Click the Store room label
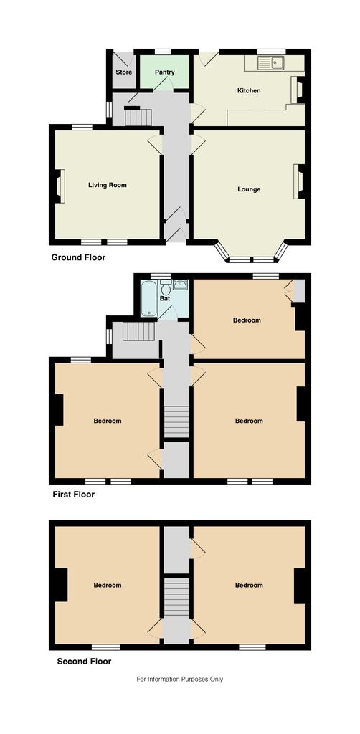click(x=124, y=72)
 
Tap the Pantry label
click(x=165, y=72)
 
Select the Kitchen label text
click(x=249, y=90)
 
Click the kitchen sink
click(x=271, y=63)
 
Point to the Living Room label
click(x=108, y=185)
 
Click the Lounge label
click(x=249, y=189)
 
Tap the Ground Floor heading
click(x=78, y=257)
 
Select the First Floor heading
click(x=73, y=495)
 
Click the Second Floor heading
click(x=85, y=662)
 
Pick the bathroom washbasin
click(x=181, y=284)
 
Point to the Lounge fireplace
click(x=298, y=181)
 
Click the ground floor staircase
click(x=138, y=117)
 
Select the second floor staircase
click(x=176, y=599)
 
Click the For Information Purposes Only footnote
click(x=180, y=679)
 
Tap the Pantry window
click(x=163, y=52)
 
